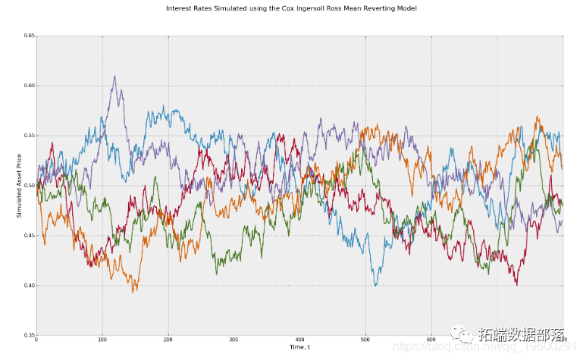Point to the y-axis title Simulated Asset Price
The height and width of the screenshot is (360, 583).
(18, 186)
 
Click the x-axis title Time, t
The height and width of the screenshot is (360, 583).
(300, 347)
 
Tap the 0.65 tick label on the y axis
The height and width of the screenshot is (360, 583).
(28, 36)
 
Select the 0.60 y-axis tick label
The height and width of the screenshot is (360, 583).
(28, 86)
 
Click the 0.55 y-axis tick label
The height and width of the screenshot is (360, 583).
(28, 136)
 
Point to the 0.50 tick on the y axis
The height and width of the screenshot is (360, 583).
(28, 186)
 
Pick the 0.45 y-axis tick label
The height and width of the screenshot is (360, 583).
(28, 236)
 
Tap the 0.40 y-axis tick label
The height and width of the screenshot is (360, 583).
(28, 286)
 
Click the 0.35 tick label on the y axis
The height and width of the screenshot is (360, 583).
(28, 335)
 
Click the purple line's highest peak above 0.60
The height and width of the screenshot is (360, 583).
(114, 76)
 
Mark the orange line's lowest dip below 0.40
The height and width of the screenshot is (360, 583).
(134, 291)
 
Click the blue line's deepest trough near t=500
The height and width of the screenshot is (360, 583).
(376, 285)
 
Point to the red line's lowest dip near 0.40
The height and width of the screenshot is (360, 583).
(516, 284)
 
